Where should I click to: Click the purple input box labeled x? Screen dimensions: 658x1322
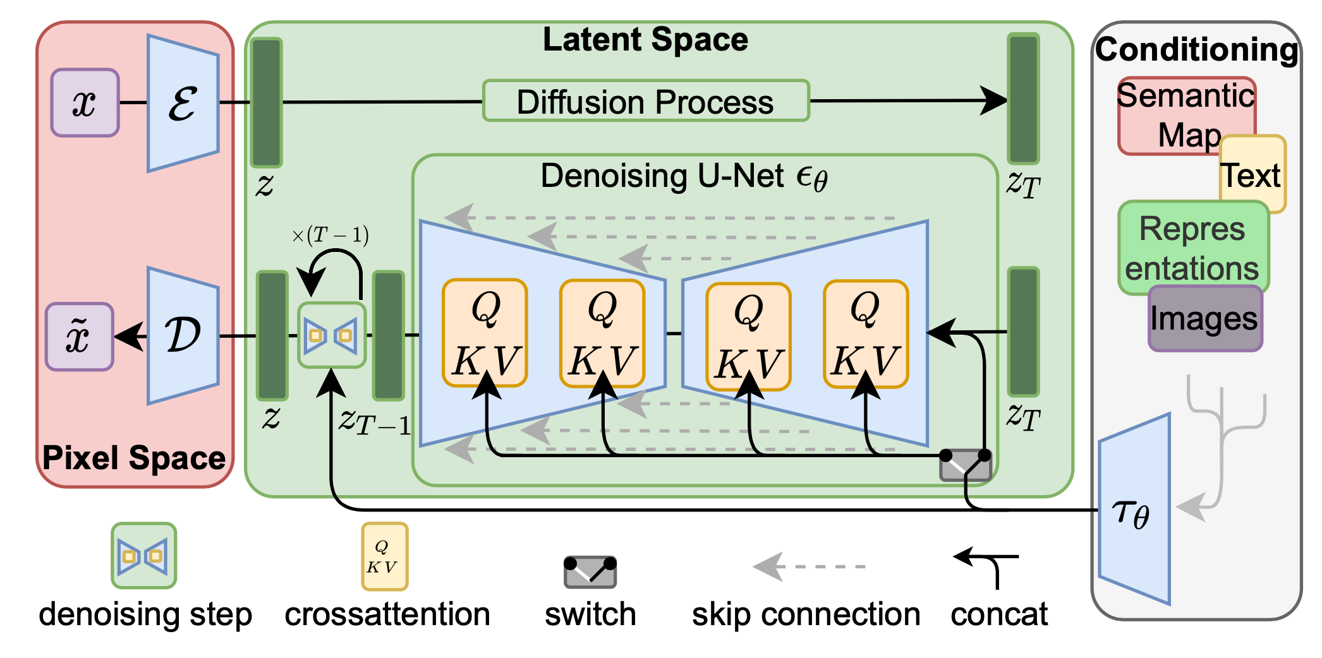85,103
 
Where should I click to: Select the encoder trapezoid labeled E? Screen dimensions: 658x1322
183,103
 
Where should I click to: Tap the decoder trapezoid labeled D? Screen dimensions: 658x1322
183,335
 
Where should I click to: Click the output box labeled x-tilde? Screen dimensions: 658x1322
79,336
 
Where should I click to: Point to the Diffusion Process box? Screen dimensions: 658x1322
645,101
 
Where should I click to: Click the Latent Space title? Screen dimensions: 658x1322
645,40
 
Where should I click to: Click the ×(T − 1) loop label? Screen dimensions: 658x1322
330,236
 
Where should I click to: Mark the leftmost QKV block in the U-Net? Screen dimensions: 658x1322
485,333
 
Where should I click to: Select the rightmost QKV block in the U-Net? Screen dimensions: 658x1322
865,333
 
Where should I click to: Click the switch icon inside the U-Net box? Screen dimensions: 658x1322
964,466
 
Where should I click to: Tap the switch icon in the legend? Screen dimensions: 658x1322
590,571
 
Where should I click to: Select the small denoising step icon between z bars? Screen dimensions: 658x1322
331,335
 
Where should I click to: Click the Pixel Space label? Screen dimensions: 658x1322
133,458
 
